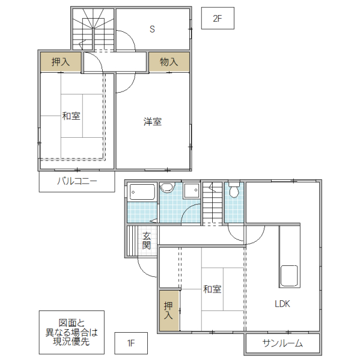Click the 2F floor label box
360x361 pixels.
(x=218, y=19)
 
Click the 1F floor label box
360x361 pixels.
(x=130, y=344)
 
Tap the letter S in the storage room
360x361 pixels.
(x=153, y=28)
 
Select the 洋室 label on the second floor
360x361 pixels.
(x=152, y=122)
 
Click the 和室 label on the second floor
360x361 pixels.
(x=71, y=116)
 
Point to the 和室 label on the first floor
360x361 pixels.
(x=212, y=289)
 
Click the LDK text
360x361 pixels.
(x=282, y=304)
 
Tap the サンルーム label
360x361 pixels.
(x=282, y=344)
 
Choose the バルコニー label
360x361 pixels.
(x=77, y=180)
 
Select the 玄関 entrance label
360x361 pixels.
(x=147, y=241)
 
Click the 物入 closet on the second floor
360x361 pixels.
(x=169, y=62)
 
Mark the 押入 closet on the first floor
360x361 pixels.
(x=169, y=310)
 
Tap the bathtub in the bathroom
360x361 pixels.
(x=142, y=193)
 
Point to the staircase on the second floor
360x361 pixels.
(x=93, y=30)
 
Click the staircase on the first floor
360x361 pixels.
(x=212, y=203)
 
